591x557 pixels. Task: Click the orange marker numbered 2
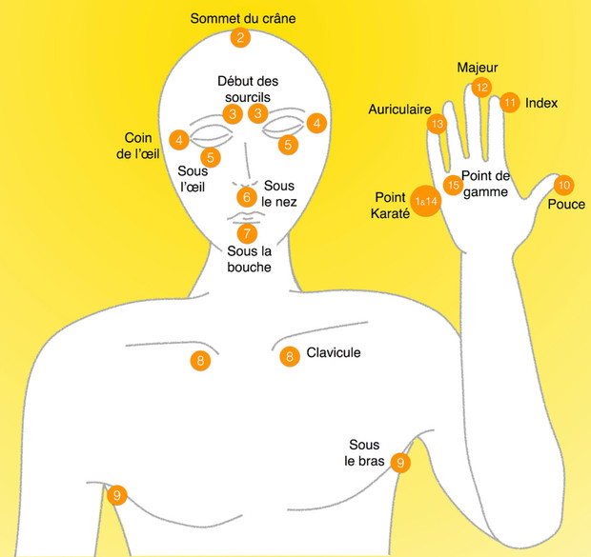point(240,38)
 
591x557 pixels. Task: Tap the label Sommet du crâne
point(243,17)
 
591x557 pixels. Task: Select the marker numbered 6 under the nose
point(247,197)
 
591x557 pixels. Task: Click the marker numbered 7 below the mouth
point(247,232)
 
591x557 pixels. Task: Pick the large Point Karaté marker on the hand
point(425,201)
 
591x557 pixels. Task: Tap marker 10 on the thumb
point(564,185)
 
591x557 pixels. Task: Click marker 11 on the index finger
point(510,102)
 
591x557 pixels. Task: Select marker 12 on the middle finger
point(481,88)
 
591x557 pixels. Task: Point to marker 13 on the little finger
point(438,124)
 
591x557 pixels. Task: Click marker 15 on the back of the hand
point(454,185)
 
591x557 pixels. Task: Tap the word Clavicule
point(334,353)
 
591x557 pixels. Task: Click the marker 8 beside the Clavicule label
point(290,357)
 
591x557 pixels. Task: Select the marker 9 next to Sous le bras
point(401,463)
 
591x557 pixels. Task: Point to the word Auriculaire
point(400,109)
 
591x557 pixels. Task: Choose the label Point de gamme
point(486,184)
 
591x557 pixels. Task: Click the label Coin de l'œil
point(140,145)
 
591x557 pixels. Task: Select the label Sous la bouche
point(249,259)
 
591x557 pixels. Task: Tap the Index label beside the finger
point(541,103)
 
